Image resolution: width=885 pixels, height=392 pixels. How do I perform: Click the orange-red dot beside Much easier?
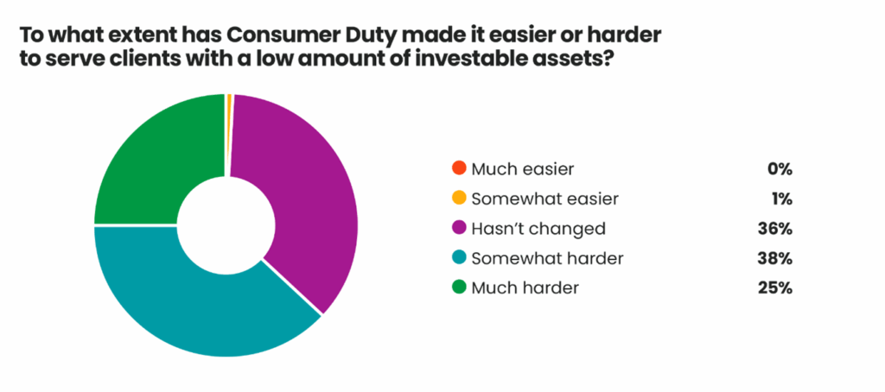click(x=460, y=168)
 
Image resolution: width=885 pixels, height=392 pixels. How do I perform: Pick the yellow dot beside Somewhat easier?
click(x=460, y=198)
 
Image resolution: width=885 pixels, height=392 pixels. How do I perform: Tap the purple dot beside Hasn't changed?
click(x=460, y=229)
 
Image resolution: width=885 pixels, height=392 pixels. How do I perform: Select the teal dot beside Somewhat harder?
click(x=460, y=258)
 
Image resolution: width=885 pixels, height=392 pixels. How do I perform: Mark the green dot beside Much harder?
click(x=460, y=288)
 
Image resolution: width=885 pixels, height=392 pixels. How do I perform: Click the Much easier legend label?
click(x=523, y=168)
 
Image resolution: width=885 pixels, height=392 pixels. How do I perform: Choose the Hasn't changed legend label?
click(x=538, y=229)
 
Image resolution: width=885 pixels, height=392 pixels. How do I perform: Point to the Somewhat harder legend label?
click(x=547, y=259)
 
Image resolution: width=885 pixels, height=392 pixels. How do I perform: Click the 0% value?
click(x=780, y=168)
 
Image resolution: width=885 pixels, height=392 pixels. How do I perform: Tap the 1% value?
click(x=782, y=199)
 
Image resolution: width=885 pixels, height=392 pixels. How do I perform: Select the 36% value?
click(x=776, y=229)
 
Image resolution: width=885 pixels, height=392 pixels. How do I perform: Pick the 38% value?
click(x=776, y=259)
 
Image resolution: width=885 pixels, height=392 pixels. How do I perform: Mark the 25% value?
click(x=776, y=288)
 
